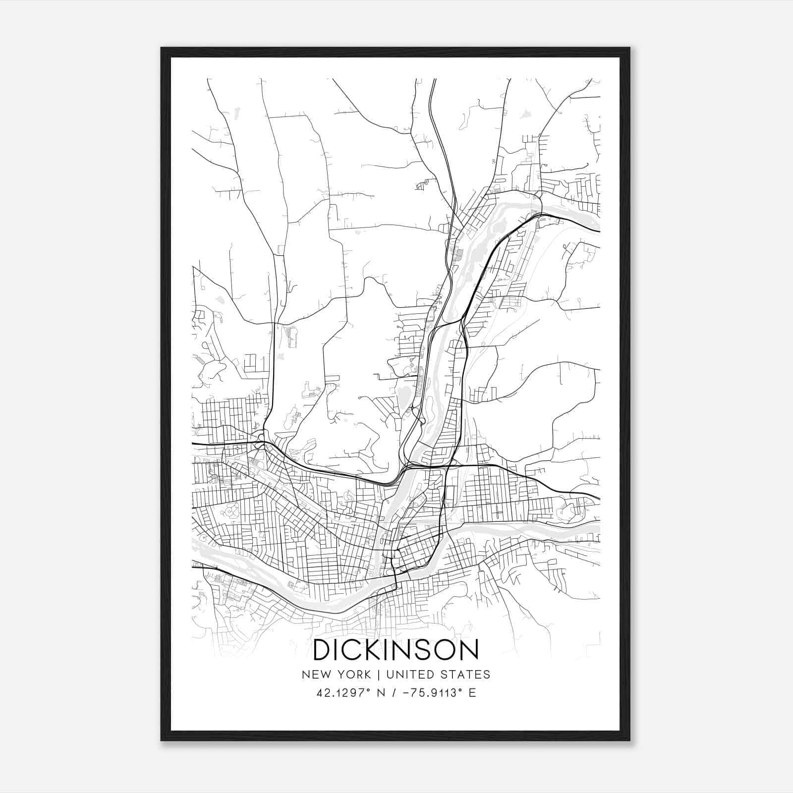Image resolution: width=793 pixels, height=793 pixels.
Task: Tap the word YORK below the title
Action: [x=352, y=675]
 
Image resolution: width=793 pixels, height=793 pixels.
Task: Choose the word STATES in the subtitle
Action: [x=465, y=675]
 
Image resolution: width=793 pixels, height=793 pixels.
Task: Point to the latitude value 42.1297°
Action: [x=344, y=693]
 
